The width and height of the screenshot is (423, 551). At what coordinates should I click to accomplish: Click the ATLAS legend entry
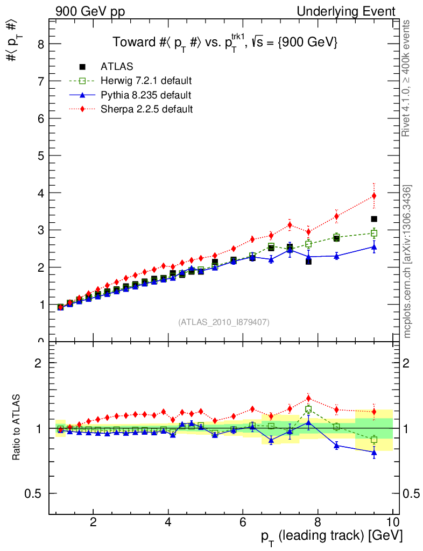[117, 67]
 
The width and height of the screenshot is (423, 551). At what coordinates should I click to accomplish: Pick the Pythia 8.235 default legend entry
[146, 95]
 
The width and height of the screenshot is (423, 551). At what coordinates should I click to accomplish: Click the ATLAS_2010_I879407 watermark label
[224, 322]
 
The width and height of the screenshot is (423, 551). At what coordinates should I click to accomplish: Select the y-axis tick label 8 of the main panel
[40, 44]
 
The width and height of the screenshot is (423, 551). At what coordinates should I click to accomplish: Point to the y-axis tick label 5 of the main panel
[40, 156]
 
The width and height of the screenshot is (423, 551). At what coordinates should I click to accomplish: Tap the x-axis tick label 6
[243, 521]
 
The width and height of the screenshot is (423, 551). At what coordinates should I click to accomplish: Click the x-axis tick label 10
[392, 521]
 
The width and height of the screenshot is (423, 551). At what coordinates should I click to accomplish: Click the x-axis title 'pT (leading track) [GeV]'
[332, 536]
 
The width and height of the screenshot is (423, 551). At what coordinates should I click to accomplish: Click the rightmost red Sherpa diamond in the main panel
[374, 196]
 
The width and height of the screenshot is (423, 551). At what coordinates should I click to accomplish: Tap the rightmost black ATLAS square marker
[374, 219]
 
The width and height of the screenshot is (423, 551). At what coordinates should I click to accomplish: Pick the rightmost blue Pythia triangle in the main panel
[374, 247]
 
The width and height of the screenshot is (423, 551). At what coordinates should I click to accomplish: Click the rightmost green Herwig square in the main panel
[374, 233]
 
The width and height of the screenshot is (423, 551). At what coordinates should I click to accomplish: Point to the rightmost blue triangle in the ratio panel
[374, 453]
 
